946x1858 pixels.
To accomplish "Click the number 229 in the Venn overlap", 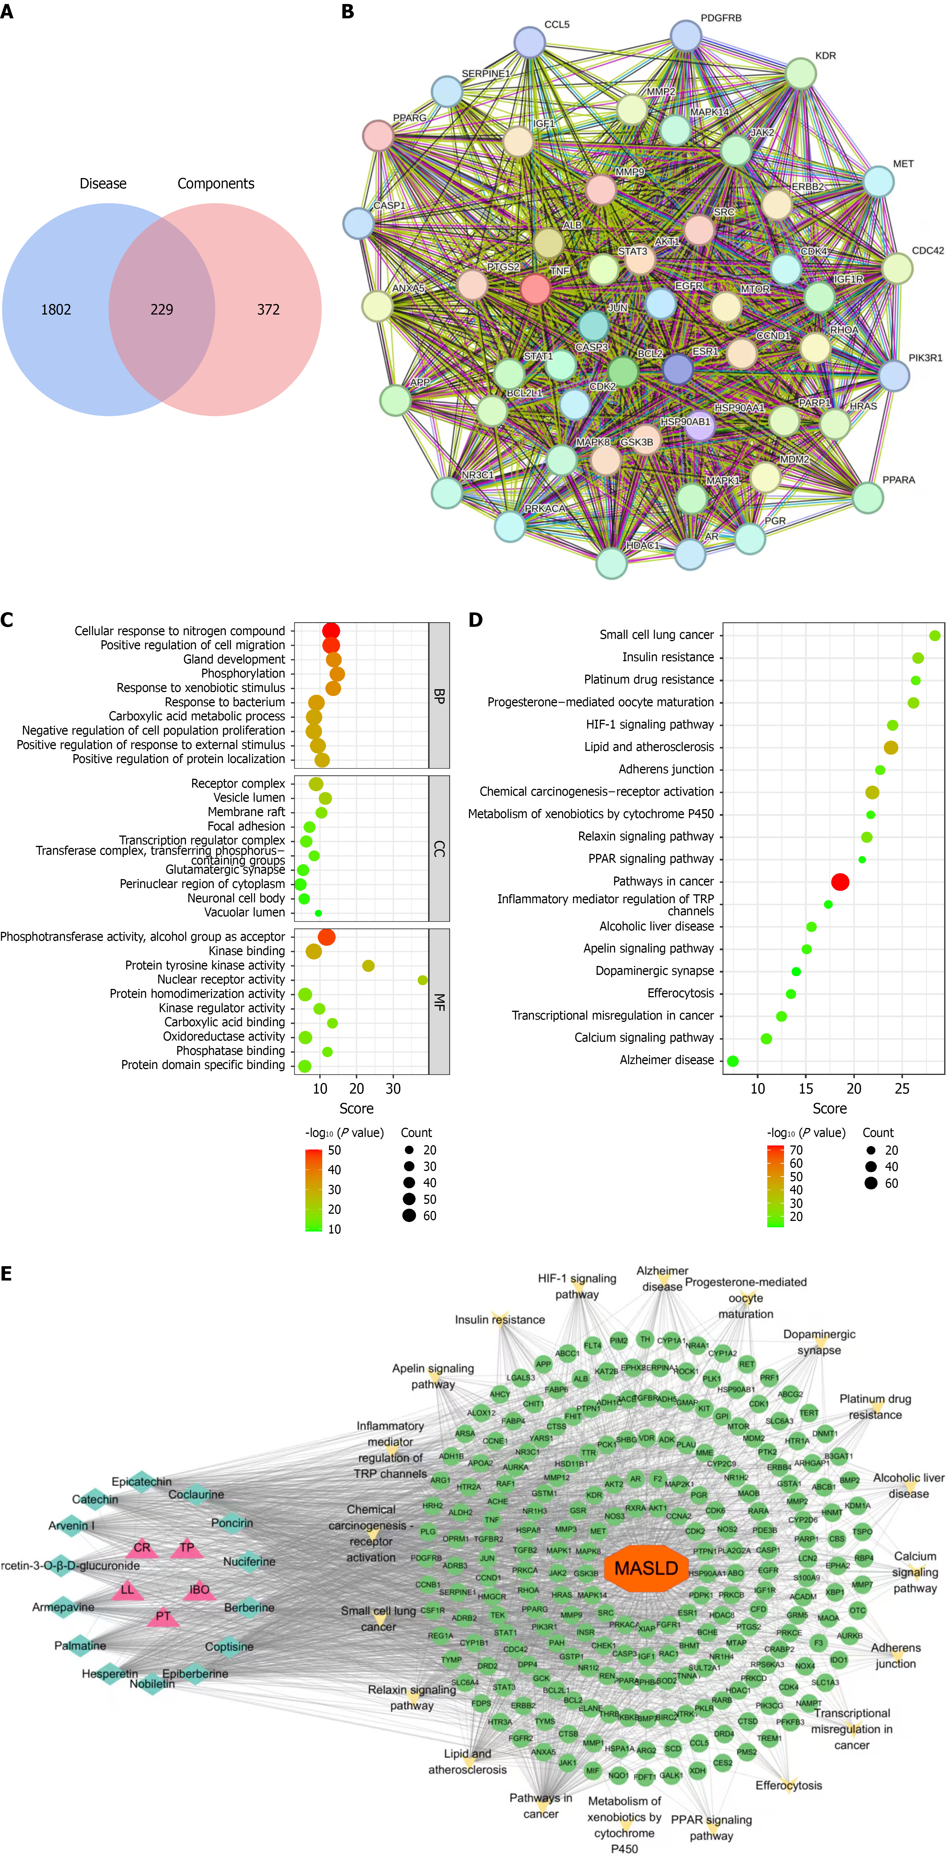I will point(161,309).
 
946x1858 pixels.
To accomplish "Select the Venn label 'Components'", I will point(216,184).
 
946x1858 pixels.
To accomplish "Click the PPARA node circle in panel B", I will point(868,497).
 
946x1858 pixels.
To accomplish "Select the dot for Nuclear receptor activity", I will point(423,979).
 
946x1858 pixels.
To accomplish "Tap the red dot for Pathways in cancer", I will point(840,881).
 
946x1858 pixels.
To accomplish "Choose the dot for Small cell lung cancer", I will point(935,635).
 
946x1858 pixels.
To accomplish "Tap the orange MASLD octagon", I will point(646,1568).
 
